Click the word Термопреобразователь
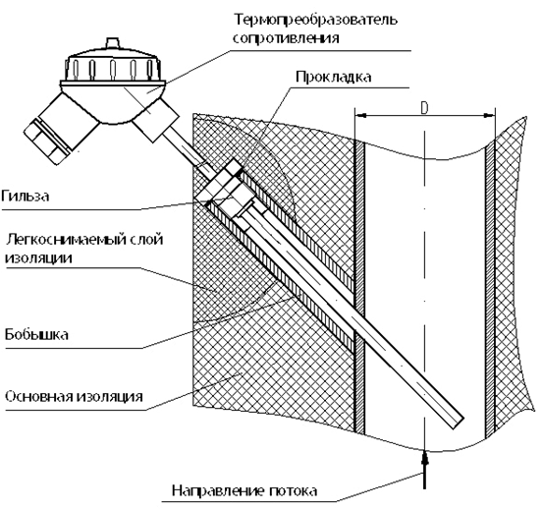coord(315,20)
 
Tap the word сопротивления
coord(286,37)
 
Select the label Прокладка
coord(334,77)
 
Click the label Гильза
coord(26,197)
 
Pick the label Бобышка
coord(36,334)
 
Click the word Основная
coord(38,396)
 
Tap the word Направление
coord(218,490)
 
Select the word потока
coord(293,491)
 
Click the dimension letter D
coord(424,108)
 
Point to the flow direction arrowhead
coord(425,458)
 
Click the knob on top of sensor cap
coord(112,42)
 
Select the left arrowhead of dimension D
coord(360,116)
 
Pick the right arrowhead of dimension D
coord(489,116)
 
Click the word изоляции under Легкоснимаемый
coord(39,258)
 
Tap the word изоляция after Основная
coord(109,396)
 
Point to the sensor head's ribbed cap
coord(113,67)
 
